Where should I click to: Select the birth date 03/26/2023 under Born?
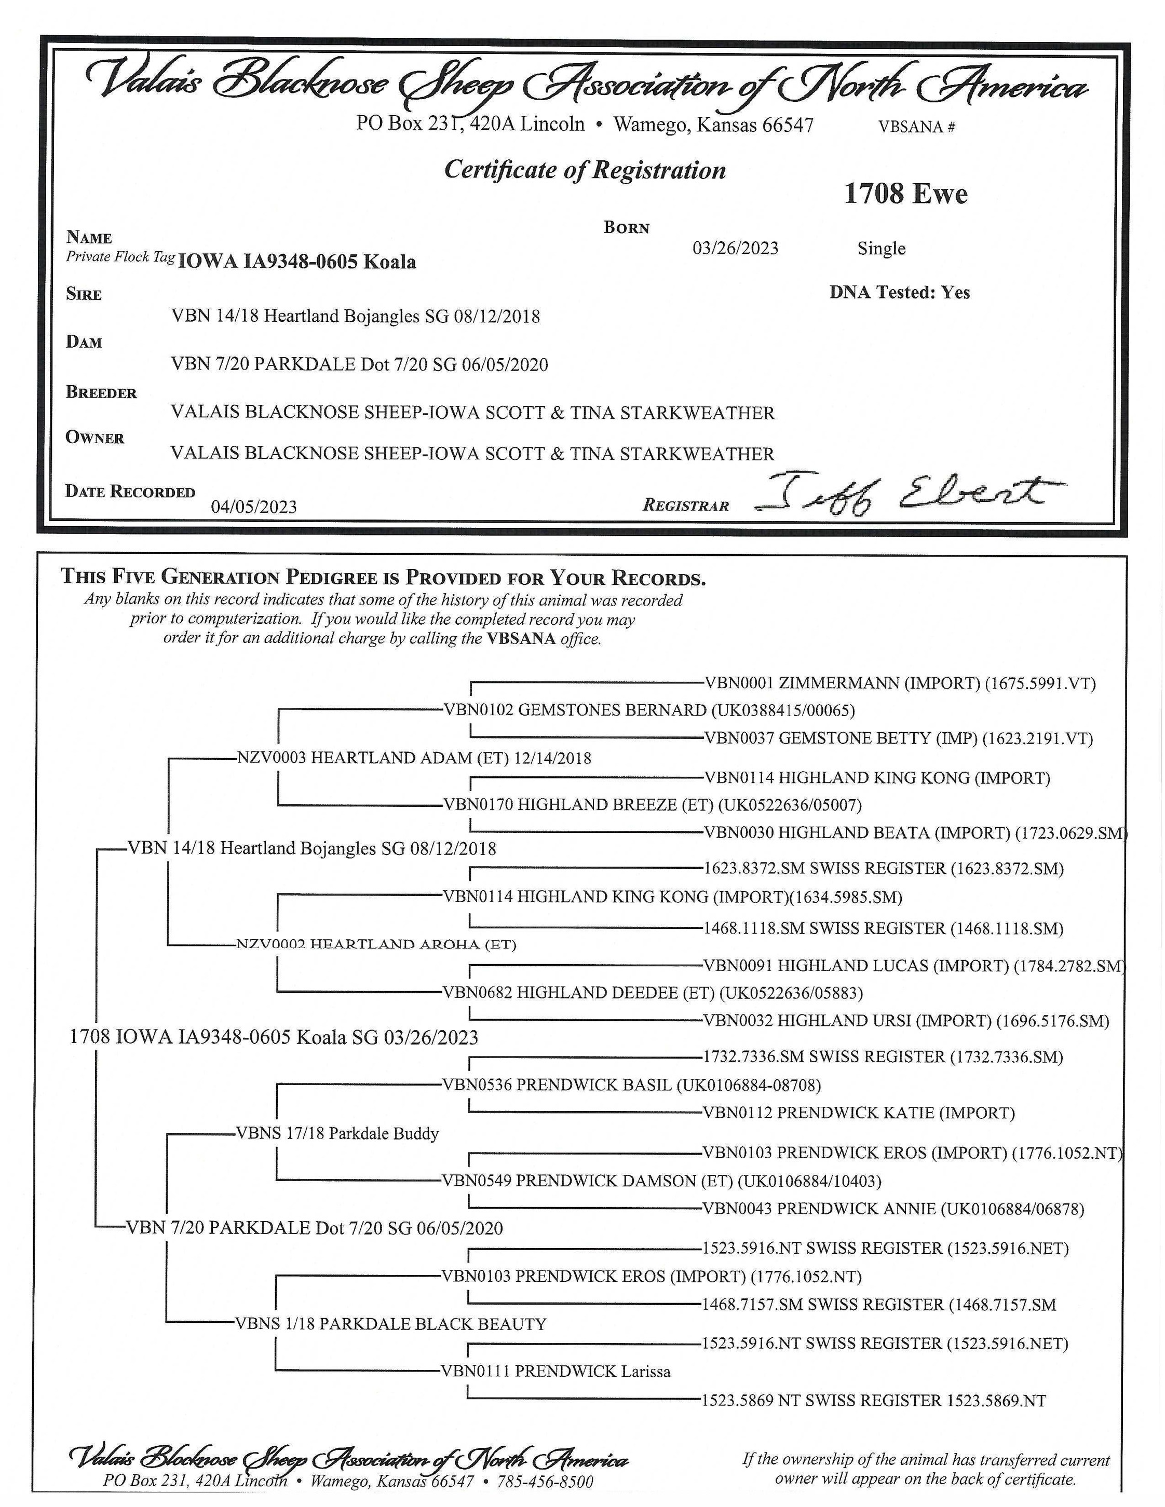coord(735,249)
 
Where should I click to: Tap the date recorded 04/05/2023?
coord(254,507)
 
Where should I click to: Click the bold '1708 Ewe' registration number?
coord(905,194)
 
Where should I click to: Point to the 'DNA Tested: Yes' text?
coord(899,293)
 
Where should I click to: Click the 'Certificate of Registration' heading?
coord(585,170)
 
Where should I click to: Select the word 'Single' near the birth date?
coord(882,249)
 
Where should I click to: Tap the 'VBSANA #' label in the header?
coord(916,127)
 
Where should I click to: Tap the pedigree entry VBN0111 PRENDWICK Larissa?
coord(556,1371)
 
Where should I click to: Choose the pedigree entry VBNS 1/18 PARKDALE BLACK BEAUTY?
coord(390,1323)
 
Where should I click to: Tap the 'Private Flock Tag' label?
coord(120,257)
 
